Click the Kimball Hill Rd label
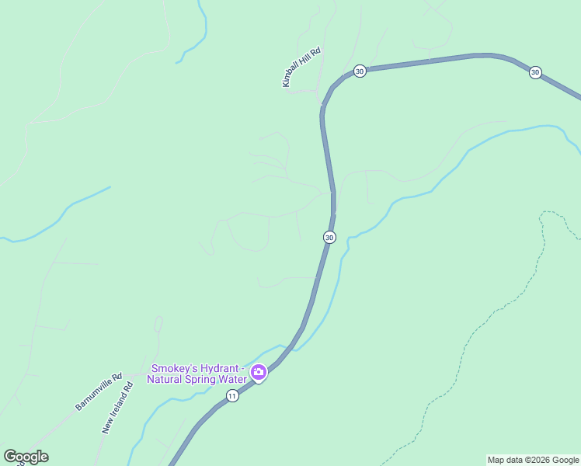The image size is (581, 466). [302, 67]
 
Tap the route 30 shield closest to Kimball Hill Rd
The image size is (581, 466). [359, 71]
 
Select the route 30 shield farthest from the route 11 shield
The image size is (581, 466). [535, 72]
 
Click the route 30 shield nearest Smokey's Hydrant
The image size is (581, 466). [329, 237]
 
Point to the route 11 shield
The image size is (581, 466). [232, 396]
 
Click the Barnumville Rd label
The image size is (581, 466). [99, 392]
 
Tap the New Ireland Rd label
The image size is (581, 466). [117, 407]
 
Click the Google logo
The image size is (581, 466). [26, 457]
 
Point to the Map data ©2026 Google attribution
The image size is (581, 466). [533, 460]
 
